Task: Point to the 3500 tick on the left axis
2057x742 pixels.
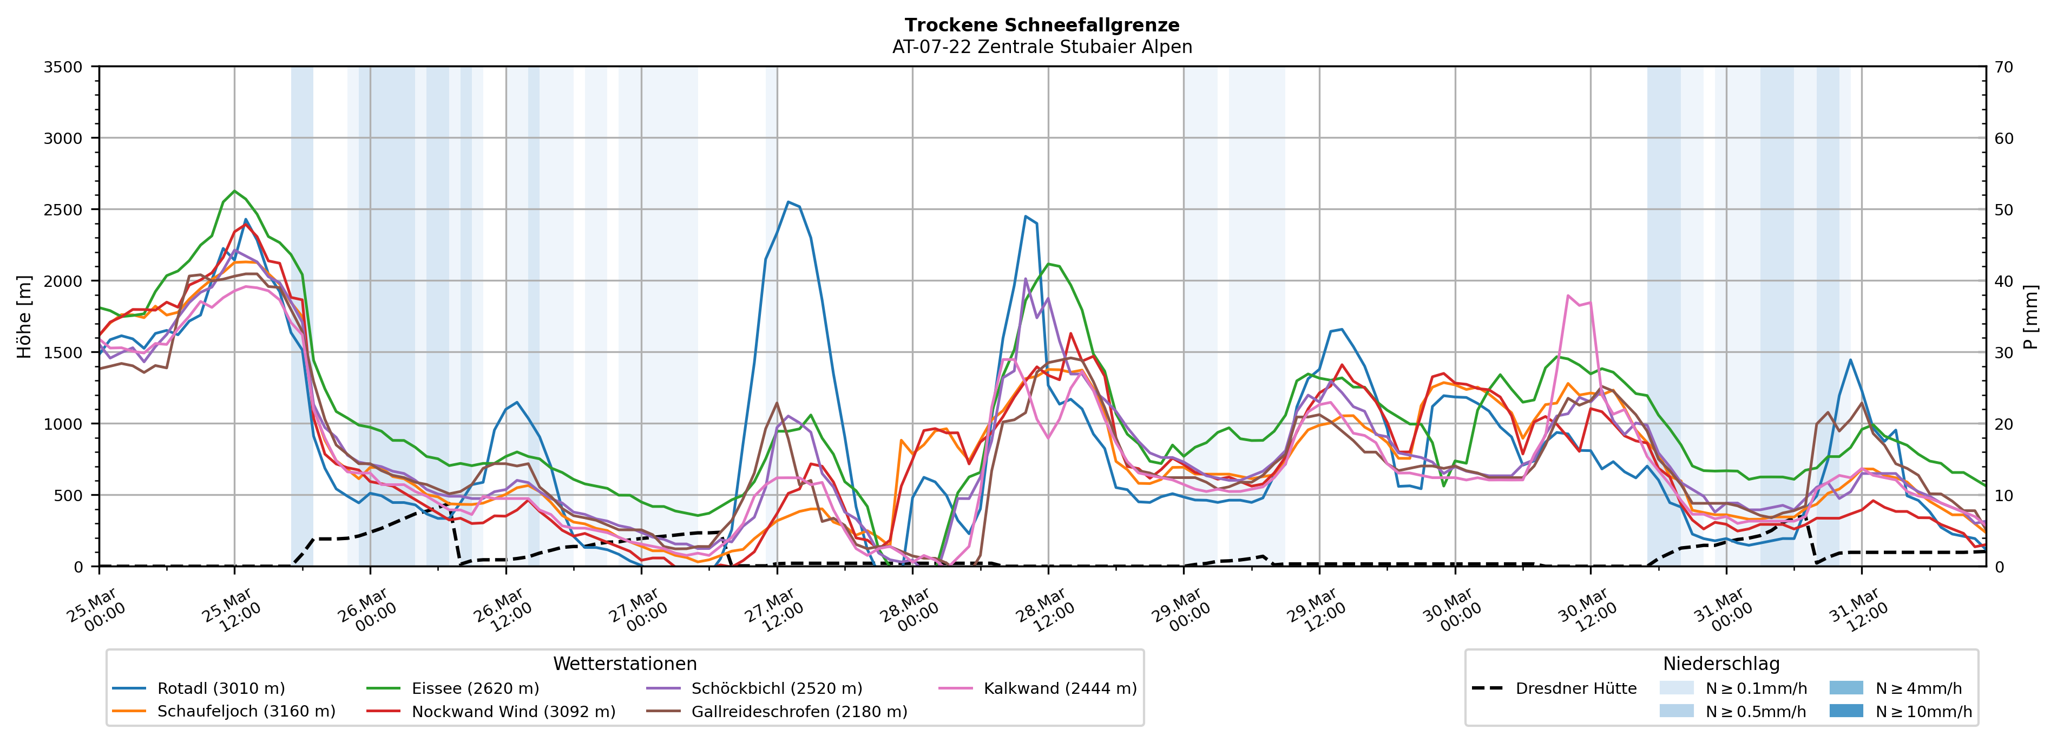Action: pyautogui.click(x=63, y=67)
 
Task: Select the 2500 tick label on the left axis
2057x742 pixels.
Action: pyautogui.click(x=63, y=210)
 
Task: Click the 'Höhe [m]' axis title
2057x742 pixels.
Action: pyautogui.click(x=24, y=316)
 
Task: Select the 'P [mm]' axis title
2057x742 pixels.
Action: pyautogui.click(x=2030, y=316)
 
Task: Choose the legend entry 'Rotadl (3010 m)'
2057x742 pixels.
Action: pyautogui.click(x=220, y=688)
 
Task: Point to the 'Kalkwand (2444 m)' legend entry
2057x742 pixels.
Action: pyautogui.click(x=1060, y=688)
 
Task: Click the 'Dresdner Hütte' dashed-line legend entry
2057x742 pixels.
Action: pyautogui.click(x=1575, y=688)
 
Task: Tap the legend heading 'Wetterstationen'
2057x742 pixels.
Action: pyautogui.click(x=625, y=664)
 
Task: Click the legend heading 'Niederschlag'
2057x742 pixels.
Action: pyautogui.click(x=1721, y=664)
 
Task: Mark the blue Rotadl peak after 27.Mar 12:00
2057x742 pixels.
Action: pyautogui.click(x=788, y=202)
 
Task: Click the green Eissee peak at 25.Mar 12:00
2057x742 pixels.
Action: pyautogui.click(x=234, y=191)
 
